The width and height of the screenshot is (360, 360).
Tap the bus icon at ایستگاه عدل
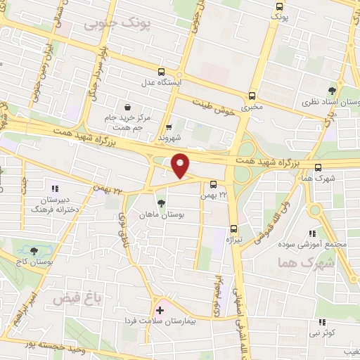[x=162, y=72]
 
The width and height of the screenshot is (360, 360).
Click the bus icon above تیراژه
[x=234, y=229]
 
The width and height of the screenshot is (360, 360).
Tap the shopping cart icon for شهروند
[x=169, y=128]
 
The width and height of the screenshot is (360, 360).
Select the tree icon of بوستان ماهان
[x=162, y=203]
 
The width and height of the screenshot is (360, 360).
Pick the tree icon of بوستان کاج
[x=34, y=250]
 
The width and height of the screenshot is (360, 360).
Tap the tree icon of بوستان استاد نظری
[x=332, y=90]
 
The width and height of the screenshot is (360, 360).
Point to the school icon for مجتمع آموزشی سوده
[x=313, y=233]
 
